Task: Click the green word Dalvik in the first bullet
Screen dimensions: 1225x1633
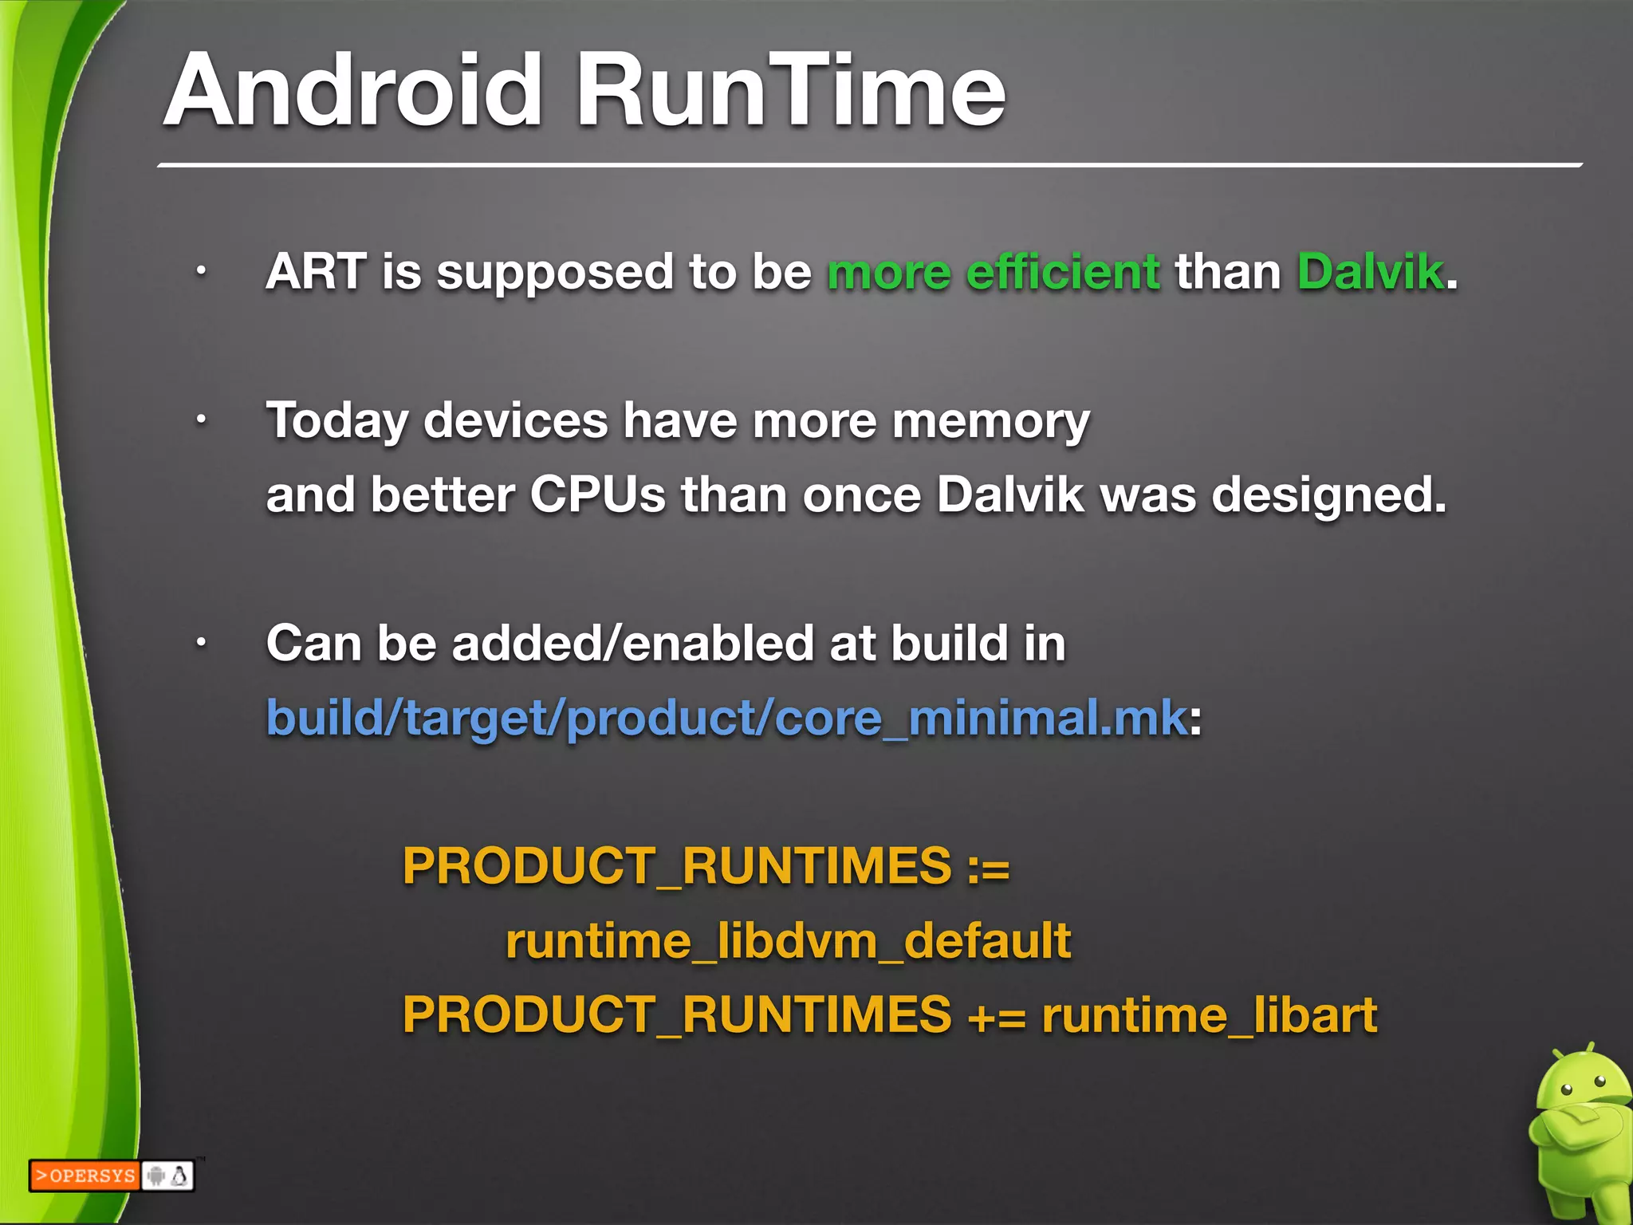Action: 1370,272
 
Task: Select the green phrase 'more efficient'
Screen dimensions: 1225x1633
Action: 993,272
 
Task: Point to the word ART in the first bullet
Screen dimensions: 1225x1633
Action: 316,272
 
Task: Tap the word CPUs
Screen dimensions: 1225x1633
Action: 597,495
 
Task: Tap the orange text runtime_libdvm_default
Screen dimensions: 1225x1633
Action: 788,941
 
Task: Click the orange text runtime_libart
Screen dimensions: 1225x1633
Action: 1209,1015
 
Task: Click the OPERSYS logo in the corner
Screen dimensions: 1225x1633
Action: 85,1176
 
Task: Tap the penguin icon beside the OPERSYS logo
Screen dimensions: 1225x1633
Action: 180,1176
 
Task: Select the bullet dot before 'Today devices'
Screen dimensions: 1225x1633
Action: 202,419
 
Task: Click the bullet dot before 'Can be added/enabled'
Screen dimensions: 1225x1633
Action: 202,642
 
